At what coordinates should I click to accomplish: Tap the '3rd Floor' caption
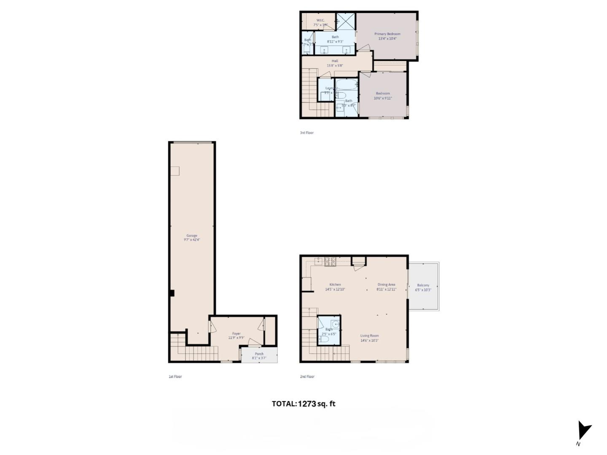point(307,133)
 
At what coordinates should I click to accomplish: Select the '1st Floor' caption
point(175,377)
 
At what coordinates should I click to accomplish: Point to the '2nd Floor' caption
point(307,377)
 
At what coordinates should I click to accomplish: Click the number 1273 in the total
point(307,404)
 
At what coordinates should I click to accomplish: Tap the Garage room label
point(192,236)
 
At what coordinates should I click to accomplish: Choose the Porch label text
point(259,354)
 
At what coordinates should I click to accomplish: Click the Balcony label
point(423,285)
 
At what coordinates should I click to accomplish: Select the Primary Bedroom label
point(387,34)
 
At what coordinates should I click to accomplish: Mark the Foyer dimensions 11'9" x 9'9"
point(236,338)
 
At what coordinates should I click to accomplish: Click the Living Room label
point(369,336)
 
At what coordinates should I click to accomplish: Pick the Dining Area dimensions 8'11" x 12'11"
point(387,290)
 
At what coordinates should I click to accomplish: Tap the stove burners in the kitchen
point(330,261)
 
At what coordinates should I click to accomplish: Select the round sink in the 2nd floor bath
point(335,324)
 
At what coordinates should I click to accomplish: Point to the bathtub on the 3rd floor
point(347,84)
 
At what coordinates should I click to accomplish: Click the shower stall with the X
point(346,21)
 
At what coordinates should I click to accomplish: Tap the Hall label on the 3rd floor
point(335,61)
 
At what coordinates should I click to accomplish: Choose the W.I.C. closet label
point(320,20)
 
